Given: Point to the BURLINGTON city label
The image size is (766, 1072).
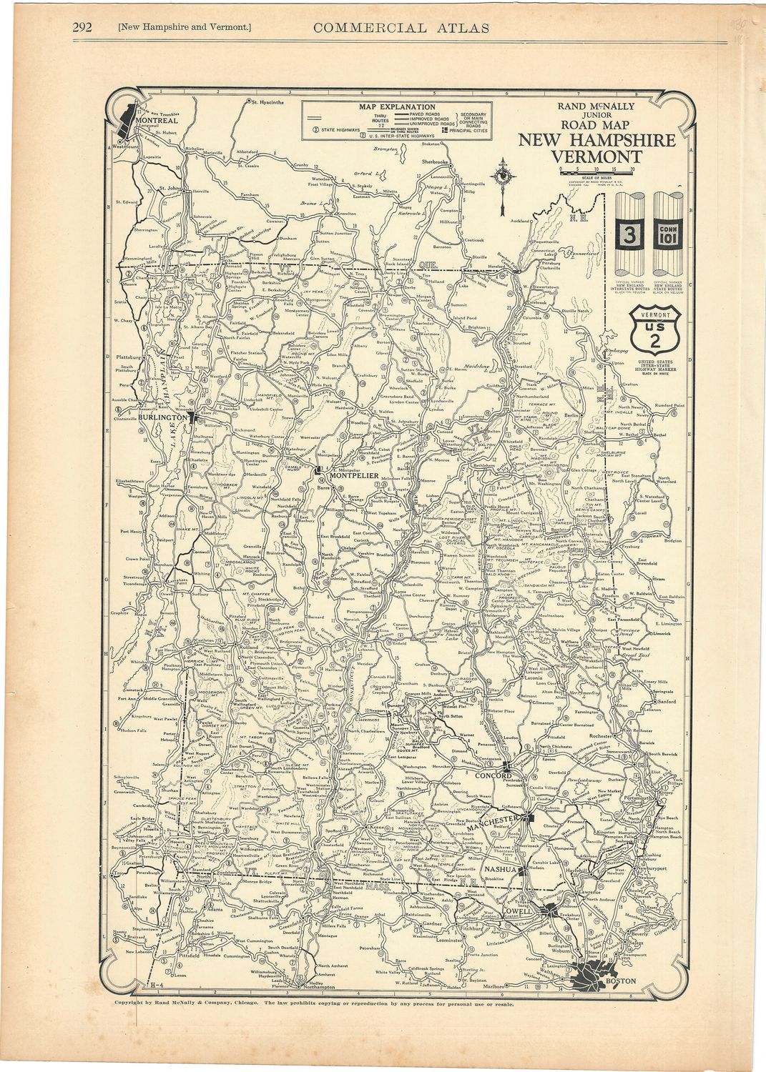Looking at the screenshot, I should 162,416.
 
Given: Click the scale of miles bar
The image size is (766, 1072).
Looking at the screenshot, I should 596,172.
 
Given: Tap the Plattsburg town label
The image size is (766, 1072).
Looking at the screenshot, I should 134,354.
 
